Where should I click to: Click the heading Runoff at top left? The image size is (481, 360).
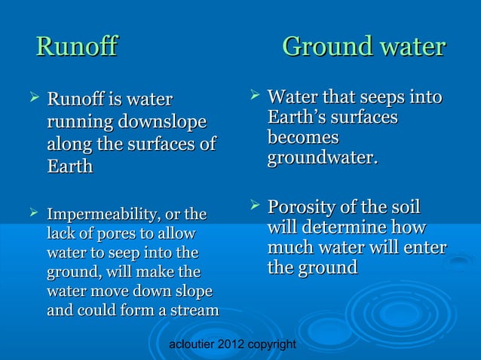point(77,47)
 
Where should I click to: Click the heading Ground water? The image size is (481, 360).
point(363,47)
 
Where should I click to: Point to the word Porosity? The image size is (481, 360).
point(305,207)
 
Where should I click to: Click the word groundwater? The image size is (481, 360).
point(322,160)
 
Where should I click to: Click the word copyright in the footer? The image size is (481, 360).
point(274,344)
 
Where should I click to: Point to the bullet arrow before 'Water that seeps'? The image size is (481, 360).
point(254,96)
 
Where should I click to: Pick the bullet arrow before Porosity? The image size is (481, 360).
point(254,206)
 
